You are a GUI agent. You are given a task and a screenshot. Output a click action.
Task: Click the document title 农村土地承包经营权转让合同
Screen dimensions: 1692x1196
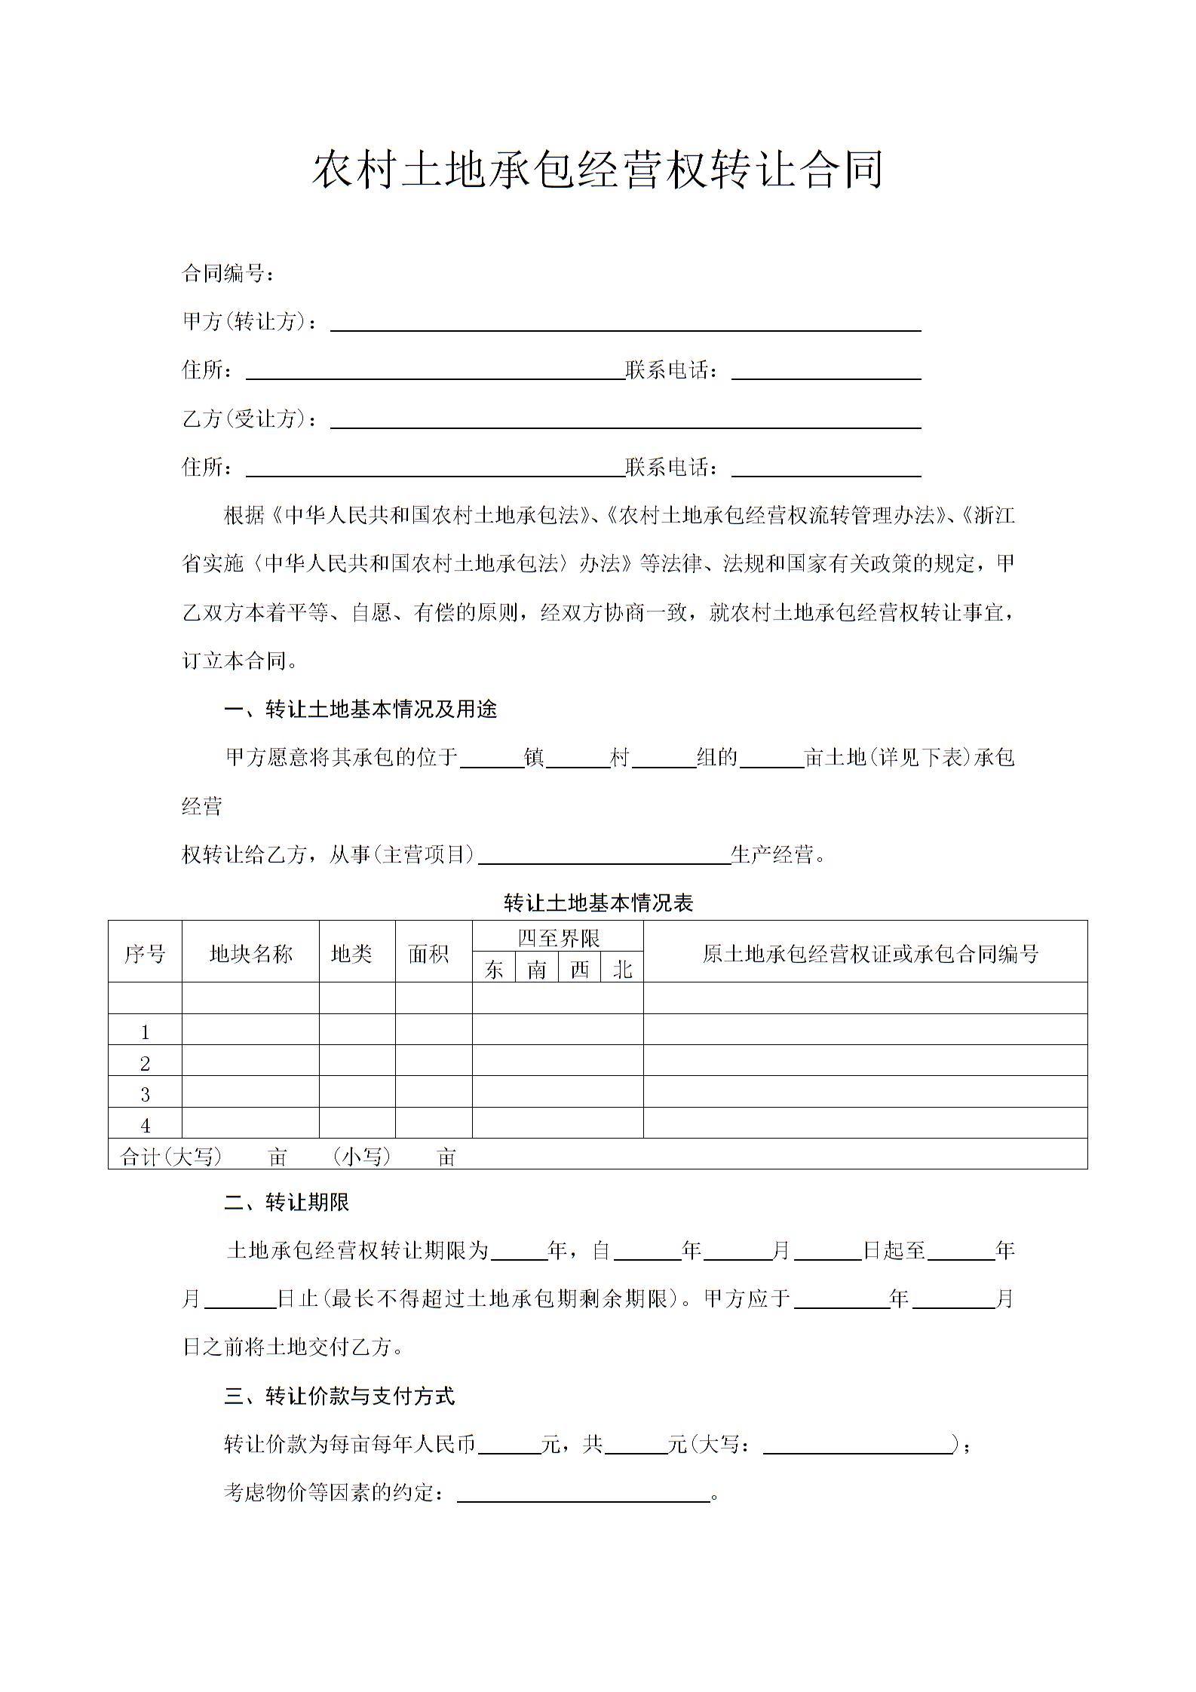pos(597,169)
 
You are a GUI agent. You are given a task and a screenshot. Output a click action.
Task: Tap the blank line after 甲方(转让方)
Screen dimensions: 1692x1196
pos(626,323)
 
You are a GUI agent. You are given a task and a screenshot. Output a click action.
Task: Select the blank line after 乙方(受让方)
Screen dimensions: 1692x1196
pos(626,420)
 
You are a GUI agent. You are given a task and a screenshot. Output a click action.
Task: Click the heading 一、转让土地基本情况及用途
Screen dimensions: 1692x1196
pos(360,710)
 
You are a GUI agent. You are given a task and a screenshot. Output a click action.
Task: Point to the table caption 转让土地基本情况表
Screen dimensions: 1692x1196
pos(598,903)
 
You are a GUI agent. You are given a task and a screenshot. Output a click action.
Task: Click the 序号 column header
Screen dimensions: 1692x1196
pos(145,954)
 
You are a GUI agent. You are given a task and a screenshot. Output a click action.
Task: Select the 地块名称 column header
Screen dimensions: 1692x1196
pos(250,954)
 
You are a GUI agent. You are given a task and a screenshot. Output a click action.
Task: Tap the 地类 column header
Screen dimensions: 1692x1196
pos(351,954)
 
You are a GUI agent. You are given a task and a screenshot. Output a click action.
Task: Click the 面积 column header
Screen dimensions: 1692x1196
pos(429,954)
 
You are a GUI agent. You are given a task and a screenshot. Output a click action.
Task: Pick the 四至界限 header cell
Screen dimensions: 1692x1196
pos(558,938)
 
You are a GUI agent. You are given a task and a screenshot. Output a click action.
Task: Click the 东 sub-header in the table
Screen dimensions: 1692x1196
pos(494,969)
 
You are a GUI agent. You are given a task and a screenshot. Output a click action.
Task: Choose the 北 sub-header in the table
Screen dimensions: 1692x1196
pos(622,969)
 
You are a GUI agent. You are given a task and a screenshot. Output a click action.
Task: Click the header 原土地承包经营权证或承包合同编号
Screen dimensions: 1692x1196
pos(870,954)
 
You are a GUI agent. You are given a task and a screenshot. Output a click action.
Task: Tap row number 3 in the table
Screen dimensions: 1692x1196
pos(145,1095)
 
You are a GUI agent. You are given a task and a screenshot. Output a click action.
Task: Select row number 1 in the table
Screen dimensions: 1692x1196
pos(145,1032)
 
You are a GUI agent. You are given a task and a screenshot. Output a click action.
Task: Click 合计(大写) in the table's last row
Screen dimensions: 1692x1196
pos(171,1157)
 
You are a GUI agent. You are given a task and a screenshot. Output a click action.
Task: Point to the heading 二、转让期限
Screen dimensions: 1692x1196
pos(287,1203)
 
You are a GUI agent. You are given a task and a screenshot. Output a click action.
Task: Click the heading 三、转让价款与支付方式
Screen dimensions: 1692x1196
pos(339,1396)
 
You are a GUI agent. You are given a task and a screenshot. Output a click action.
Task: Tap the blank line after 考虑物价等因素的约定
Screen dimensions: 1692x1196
pos(584,1494)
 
